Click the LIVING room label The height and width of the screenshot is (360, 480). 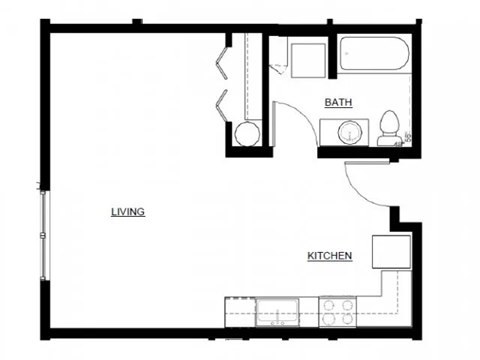[129, 212]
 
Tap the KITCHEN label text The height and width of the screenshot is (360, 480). [329, 257]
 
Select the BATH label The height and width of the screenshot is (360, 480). [337, 102]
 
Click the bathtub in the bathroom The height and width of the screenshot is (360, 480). [373, 54]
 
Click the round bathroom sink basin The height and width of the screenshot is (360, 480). [349, 132]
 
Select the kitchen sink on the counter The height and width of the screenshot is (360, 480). [277, 313]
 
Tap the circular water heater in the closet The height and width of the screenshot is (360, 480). [245, 134]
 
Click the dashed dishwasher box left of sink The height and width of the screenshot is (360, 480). [240, 313]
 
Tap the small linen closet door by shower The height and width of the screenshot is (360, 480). [275, 60]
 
